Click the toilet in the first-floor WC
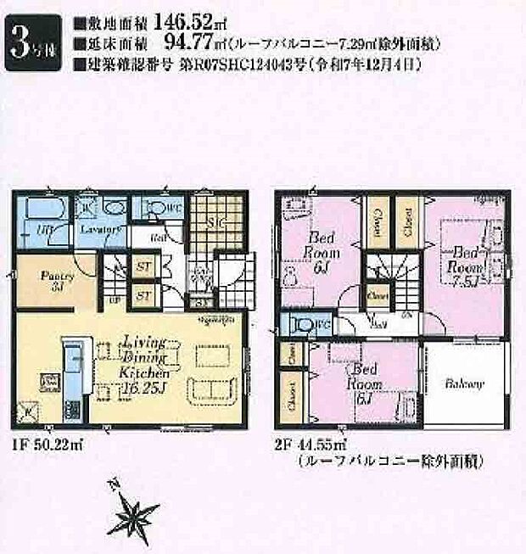pyautogui.click(x=153, y=209)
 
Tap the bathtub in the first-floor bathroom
pyautogui.click(x=42, y=210)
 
